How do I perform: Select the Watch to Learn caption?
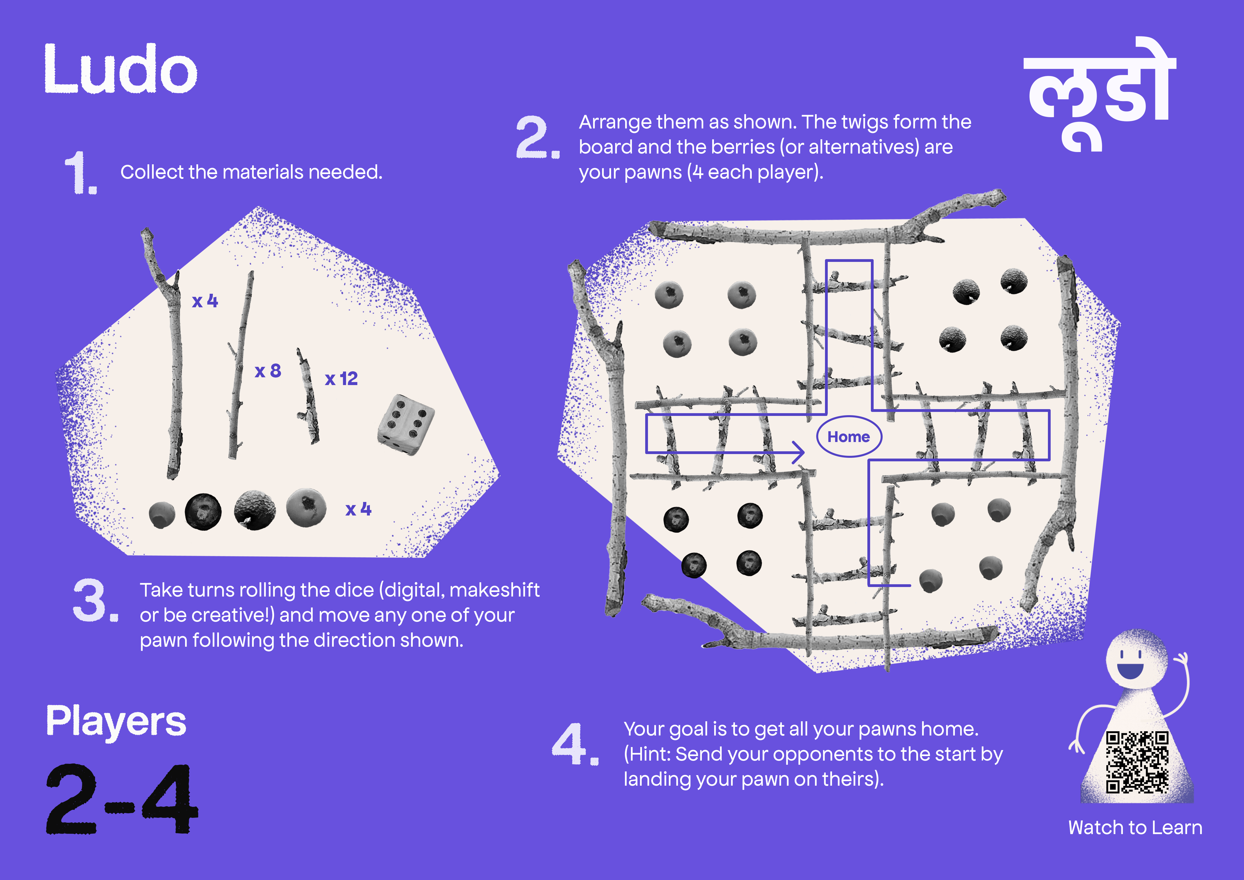[1135, 827]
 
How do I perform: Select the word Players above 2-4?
[116, 722]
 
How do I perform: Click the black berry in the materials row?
[203, 511]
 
